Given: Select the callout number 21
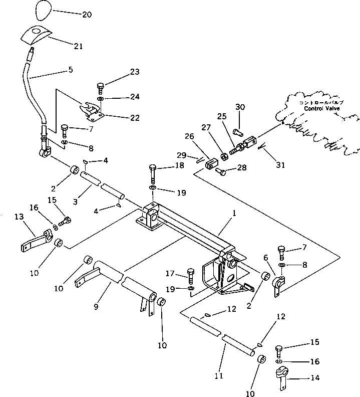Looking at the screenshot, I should point(78,46).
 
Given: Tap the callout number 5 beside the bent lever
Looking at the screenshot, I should point(70,70).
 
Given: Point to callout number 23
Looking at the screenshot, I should point(134,72).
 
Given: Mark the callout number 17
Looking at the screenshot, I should point(170,274).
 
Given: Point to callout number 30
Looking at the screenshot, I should point(240,107).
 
